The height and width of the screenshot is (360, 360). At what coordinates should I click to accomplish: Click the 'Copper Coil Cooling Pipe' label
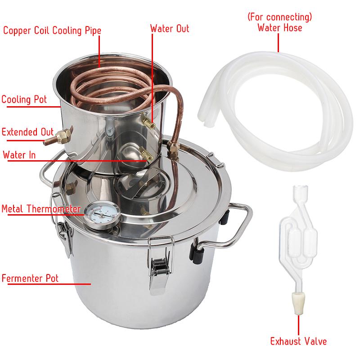click(52, 31)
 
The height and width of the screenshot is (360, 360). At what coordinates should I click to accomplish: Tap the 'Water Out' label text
click(169, 28)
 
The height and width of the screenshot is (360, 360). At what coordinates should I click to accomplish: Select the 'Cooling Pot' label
click(24, 99)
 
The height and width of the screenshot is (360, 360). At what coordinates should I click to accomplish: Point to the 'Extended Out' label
click(27, 132)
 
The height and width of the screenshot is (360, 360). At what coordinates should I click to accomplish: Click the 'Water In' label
click(19, 155)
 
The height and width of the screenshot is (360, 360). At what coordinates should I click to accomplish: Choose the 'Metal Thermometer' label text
click(41, 210)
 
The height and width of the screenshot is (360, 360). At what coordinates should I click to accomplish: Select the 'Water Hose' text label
click(279, 28)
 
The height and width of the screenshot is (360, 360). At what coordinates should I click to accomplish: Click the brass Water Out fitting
click(146, 120)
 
